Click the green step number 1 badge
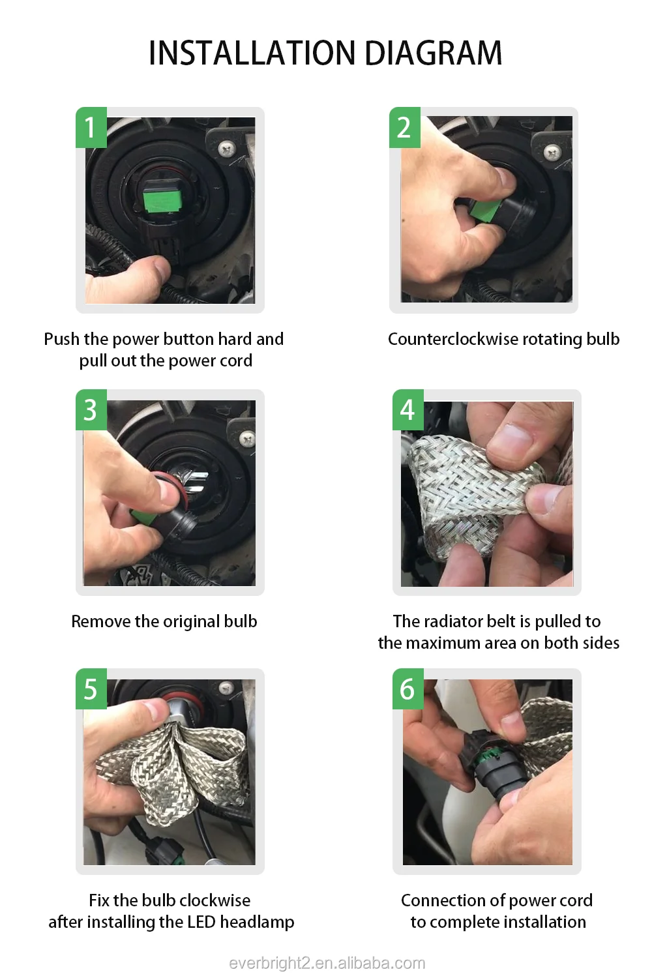91,128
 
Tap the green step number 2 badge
405,128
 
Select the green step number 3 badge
91,409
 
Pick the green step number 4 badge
408,409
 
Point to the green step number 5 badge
91,689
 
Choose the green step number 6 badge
408,689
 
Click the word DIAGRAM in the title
433,53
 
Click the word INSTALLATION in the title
252,53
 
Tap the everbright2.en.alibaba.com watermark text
327,963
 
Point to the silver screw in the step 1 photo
227,150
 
